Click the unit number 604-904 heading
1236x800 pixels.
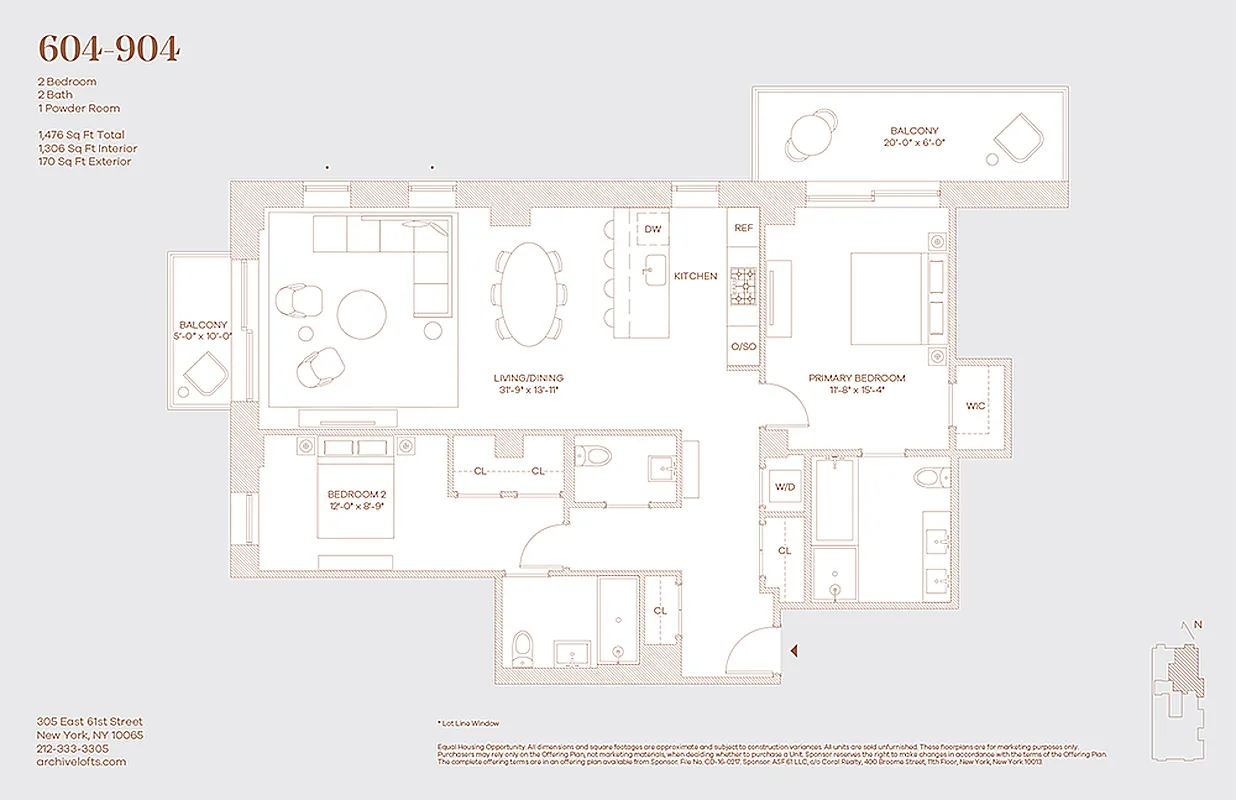coord(108,49)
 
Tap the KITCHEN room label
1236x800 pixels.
coord(695,276)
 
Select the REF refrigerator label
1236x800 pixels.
coord(743,228)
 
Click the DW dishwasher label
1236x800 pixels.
coord(652,229)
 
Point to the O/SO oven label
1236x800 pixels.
coord(743,347)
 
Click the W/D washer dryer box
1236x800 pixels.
coord(784,488)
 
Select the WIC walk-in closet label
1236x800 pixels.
coord(976,407)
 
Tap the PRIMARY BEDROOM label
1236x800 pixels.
coord(857,378)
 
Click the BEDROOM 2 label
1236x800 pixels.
coord(356,495)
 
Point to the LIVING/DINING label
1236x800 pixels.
coord(528,378)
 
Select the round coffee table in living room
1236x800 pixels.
coord(362,315)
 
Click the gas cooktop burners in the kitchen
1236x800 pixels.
coord(743,288)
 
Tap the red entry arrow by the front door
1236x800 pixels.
coord(794,651)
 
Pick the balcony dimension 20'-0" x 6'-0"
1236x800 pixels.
coord(914,143)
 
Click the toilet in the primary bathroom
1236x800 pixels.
coord(927,475)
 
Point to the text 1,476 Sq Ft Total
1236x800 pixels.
coord(81,135)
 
